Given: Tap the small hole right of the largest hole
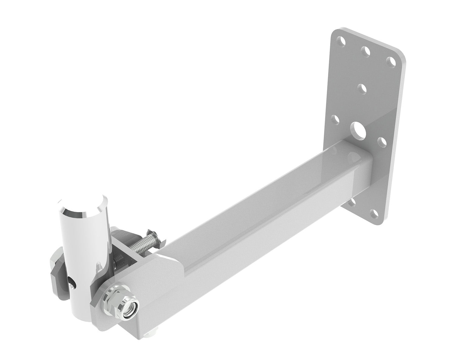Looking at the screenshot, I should (x=382, y=141).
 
